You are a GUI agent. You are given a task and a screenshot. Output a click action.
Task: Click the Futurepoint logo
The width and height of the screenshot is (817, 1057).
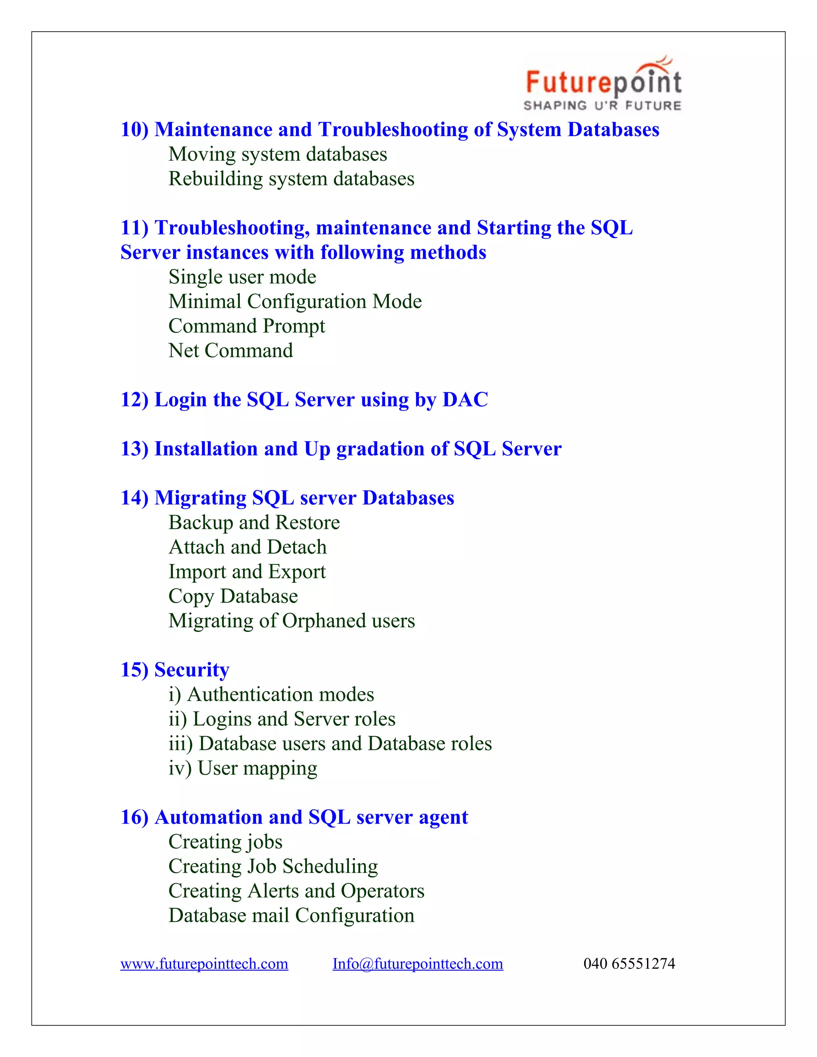coord(603,84)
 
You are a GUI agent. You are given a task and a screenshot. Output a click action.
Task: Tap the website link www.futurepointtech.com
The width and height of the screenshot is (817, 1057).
coord(204,964)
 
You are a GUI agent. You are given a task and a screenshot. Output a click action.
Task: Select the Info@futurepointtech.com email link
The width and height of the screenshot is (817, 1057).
coord(417,964)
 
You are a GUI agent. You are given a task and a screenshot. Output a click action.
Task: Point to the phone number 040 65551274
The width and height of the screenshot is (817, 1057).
coord(629,964)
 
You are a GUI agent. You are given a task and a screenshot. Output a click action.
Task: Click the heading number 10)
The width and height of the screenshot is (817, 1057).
coord(134,130)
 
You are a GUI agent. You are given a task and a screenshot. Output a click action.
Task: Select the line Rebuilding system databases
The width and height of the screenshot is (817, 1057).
coord(291,179)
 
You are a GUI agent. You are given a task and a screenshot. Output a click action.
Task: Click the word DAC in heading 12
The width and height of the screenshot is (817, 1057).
coord(465,400)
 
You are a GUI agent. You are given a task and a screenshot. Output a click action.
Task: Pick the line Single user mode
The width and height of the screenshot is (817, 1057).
coord(242,277)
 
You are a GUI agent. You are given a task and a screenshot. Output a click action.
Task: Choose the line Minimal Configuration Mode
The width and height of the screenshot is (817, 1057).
coord(295,302)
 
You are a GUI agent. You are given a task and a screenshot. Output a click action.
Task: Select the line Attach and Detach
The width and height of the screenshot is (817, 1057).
coord(247,547)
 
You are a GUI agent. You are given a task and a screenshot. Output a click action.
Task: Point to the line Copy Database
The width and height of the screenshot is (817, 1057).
coord(233,597)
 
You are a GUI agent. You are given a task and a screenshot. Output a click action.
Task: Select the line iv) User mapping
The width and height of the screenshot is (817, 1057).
coord(243,769)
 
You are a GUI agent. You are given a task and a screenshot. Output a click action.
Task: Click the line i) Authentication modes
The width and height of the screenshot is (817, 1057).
coord(271,695)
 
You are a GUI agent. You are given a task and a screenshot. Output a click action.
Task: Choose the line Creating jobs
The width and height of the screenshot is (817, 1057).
coord(225,842)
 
